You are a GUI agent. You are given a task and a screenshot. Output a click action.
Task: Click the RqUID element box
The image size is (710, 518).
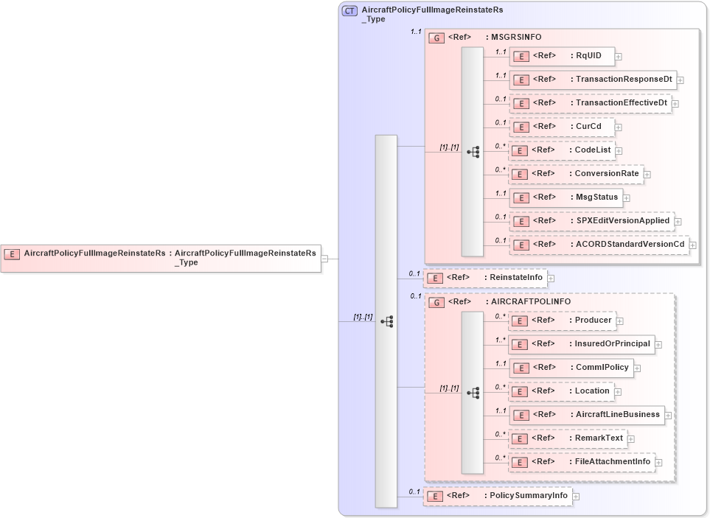(562, 56)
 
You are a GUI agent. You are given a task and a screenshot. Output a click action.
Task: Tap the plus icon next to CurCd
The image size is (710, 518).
(619, 127)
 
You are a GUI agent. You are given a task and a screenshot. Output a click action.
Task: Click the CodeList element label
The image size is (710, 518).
(592, 150)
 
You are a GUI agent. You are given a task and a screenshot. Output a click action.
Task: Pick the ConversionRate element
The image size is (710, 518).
(576, 174)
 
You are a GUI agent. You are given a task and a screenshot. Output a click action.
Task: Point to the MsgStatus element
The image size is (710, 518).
(565, 197)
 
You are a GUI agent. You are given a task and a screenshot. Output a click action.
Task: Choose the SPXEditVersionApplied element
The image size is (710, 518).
(591, 220)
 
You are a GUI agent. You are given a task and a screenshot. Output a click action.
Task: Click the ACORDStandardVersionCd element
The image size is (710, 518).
(598, 244)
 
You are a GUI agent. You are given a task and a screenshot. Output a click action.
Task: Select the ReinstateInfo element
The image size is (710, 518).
(485, 278)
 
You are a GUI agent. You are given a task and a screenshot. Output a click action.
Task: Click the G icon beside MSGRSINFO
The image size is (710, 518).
(436, 37)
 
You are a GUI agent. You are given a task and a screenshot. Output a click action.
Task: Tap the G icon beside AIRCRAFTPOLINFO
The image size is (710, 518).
(436, 302)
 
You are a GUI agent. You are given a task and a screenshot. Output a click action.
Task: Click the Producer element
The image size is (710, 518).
(562, 321)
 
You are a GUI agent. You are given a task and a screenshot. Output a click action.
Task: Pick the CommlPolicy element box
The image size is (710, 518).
(571, 367)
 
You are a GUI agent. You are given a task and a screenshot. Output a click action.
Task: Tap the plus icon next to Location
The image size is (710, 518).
(618, 392)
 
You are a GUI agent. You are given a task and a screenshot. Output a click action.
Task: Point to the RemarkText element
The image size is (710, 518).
(567, 438)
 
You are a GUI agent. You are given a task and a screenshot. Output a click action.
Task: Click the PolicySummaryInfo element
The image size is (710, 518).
(498, 496)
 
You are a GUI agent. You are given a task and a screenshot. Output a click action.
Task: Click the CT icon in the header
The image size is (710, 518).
(349, 11)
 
